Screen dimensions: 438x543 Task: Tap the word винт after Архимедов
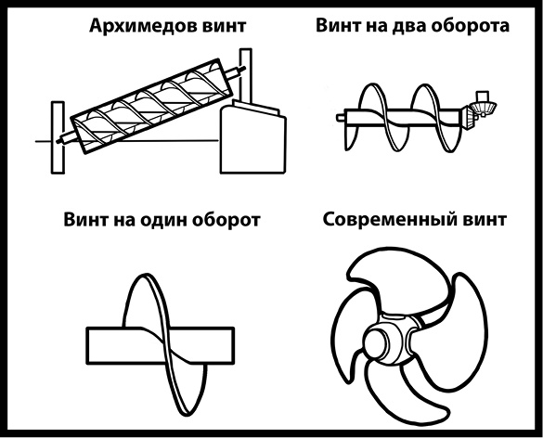(x=221, y=27)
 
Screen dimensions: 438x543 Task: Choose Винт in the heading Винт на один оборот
(x=88, y=221)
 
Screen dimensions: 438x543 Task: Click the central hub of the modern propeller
(x=382, y=342)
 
